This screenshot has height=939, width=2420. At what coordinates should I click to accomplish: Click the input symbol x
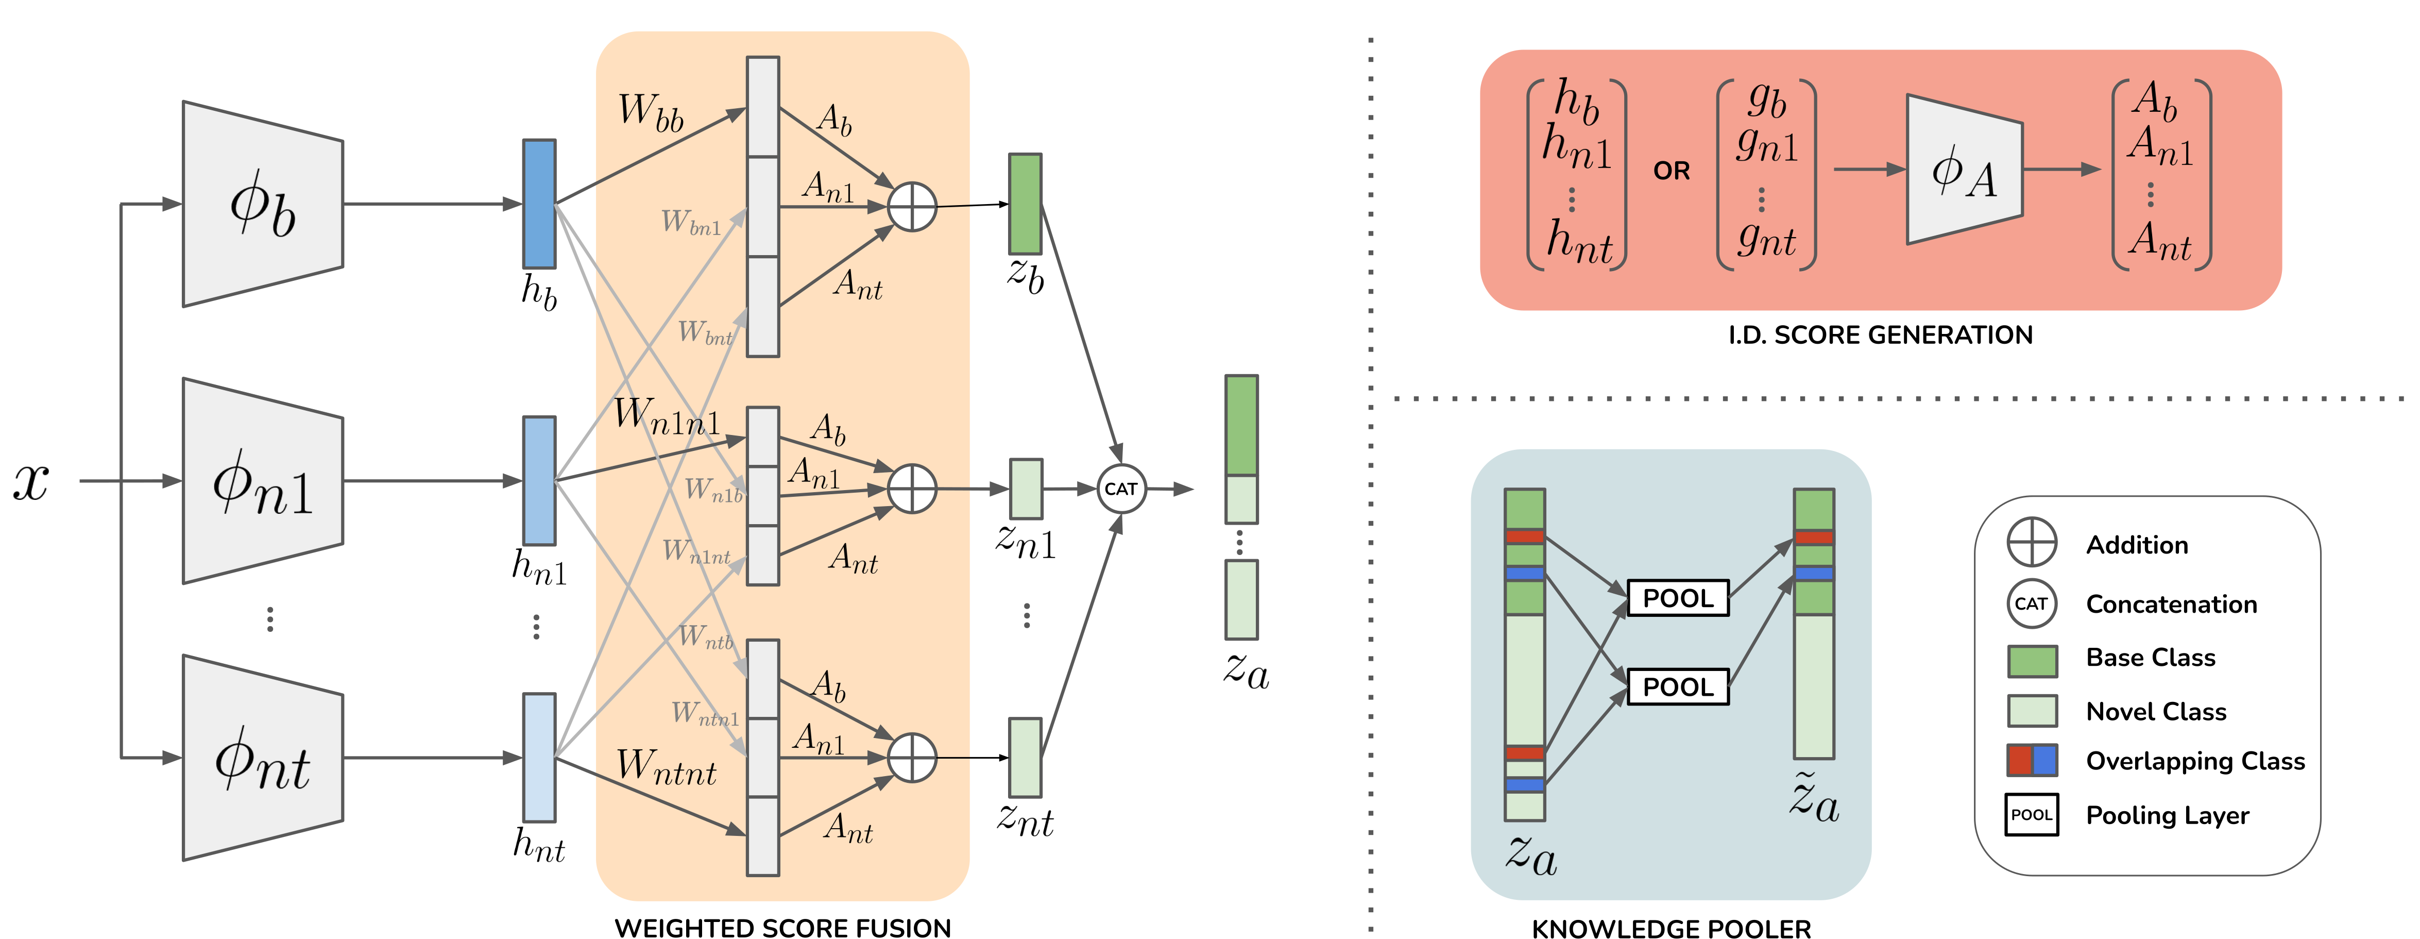[31, 481]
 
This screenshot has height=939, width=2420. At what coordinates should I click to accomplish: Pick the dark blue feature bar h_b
[539, 204]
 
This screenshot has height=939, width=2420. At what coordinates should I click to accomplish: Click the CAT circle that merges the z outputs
[1122, 489]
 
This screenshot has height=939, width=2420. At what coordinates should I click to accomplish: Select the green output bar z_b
[1025, 204]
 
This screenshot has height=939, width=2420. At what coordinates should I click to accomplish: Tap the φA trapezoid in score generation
[1964, 169]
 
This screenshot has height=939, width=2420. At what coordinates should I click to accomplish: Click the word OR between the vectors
[1671, 171]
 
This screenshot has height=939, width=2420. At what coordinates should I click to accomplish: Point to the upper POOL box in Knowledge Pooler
[1678, 598]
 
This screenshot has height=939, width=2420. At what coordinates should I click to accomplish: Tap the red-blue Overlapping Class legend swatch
[2032, 760]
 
